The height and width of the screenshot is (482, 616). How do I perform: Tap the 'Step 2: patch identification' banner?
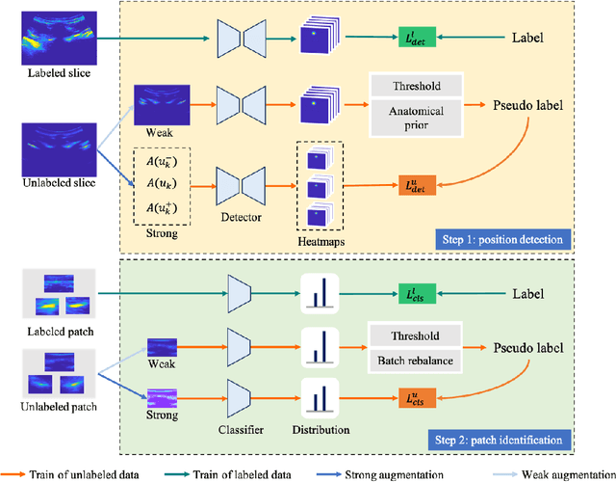click(x=500, y=441)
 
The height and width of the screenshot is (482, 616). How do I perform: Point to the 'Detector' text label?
click(x=241, y=217)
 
